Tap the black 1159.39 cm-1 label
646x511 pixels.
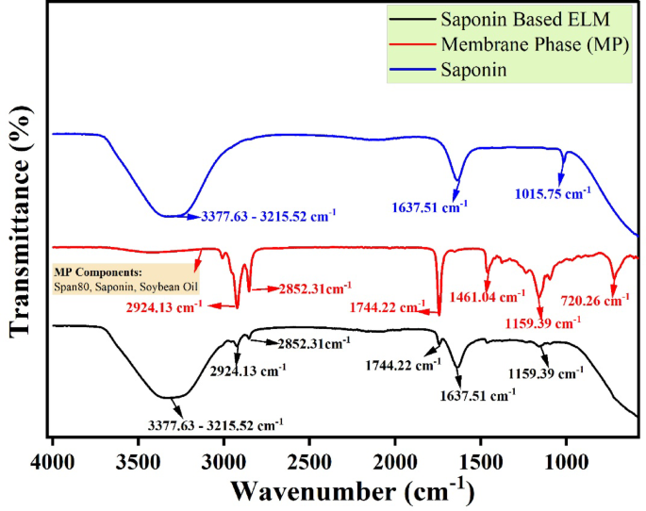(545, 372)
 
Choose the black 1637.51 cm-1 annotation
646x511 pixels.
(478, 396)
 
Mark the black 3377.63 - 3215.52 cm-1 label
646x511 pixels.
(215, 425)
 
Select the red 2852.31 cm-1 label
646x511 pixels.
(313, 288)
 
